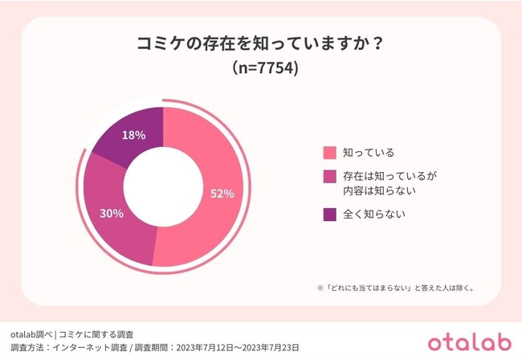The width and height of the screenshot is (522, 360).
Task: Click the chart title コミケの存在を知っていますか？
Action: pyautogui.click(x=261, y=44)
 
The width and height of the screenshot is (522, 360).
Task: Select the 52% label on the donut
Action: pyautogui.click(x=222, y=194)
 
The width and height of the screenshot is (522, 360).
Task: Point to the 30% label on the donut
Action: pyautogui.click(x=112, y=214)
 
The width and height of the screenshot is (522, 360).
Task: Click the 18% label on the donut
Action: pyautogui.click(x=133, y=135)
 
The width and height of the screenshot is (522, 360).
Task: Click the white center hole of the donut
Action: pyautogui.click(x=163, y=186)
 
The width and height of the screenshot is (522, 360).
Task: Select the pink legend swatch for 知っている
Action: pyautogui.click(x=329, y=153)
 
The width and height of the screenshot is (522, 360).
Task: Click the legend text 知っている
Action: pyautogui.click(x=369, y=153)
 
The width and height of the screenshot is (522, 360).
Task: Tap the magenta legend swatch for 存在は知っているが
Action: pyautogui.click(x=329, y=177)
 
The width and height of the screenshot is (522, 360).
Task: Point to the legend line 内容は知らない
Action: pyautogui.click(x=380, y=190)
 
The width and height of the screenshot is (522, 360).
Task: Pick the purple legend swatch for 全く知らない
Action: pyautogui.click(x=329, y=215)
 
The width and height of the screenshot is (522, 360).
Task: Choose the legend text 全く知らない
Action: pyautogui.click(x=374, y=214)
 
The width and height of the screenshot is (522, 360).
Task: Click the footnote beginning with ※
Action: pyautogui.click(x=396, y=288)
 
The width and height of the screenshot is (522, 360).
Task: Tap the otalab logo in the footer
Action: pyautogui.click(x=470, y=343)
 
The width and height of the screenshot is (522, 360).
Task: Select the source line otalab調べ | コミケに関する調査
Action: pyautogui.click(x=72, y=334)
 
